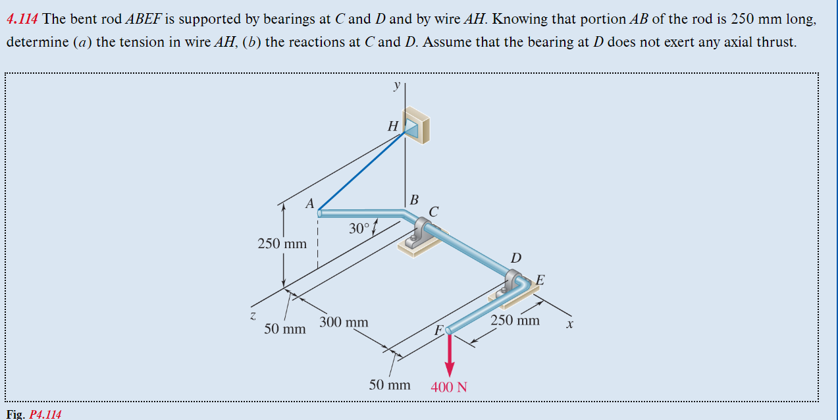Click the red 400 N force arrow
(450, 355)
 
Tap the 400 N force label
(449, 387)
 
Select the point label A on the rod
(309, 204)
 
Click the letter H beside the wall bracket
(393, 126)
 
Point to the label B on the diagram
(414, 199)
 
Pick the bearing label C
(433, 211)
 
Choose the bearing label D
(516, 258)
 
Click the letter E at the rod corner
(540, 279)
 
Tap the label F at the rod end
(438, 330)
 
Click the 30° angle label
(359, 228)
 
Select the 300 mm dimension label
(344, 323)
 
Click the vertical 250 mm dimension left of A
(282, 244)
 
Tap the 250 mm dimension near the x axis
(515, 321)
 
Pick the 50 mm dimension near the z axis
(285, 328)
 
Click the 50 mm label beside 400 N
(390, 384)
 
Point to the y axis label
(396, 86)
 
